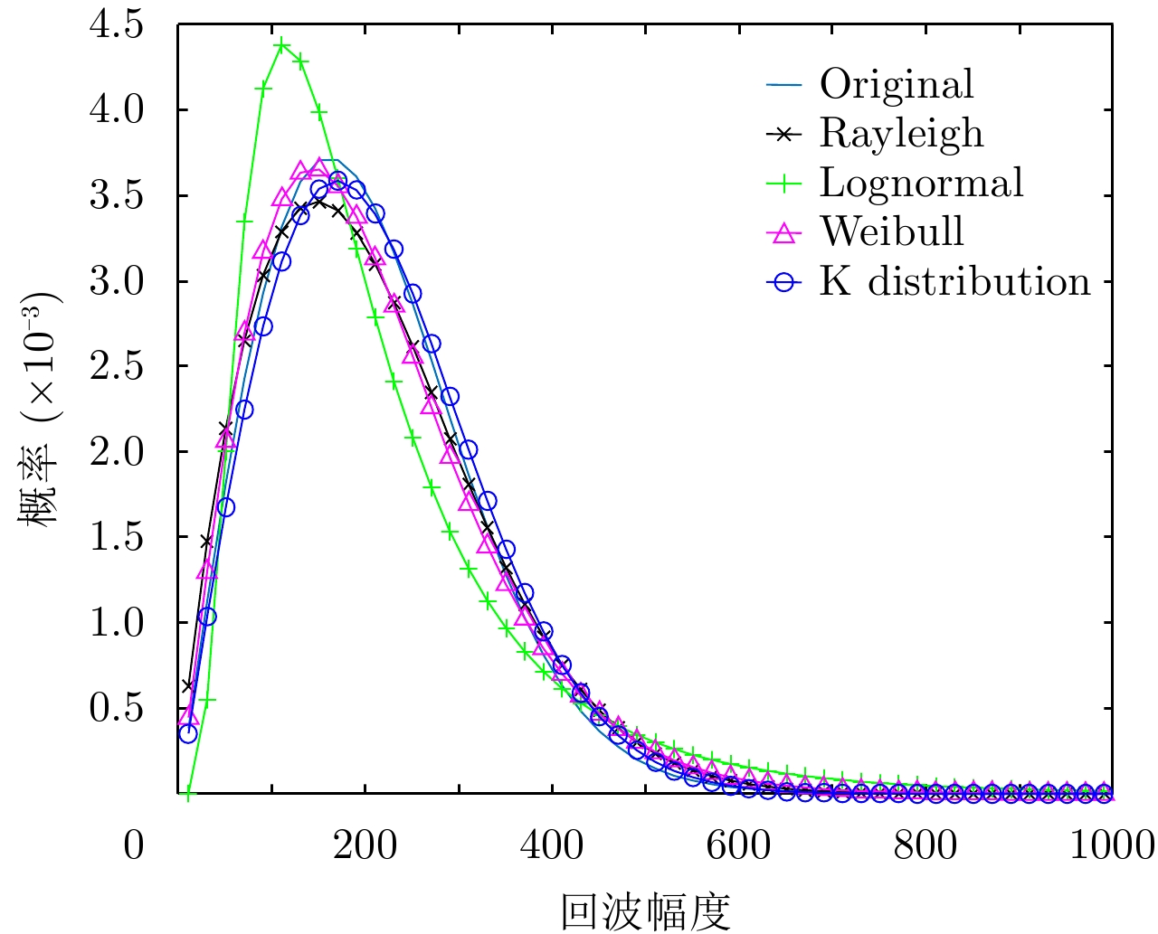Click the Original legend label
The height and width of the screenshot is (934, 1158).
[x=897, y=84]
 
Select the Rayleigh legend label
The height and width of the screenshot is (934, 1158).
[x=901, y=133]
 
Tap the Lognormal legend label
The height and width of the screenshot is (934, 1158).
[x=921, y=183]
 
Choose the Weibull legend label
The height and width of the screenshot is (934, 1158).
[x=892, y=231]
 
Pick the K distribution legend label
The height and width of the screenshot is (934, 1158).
[x=954, y=281]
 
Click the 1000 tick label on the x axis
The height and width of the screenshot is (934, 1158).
[x=1111, y=845]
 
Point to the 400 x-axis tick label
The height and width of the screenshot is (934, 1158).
[x=552, y=845]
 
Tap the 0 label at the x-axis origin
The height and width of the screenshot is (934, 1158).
[x=134, y=845]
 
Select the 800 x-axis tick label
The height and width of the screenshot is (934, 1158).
[x=925, y=845]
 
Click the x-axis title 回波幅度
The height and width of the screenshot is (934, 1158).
[x=645, y=911]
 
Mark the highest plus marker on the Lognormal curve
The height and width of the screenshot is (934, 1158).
[x=282, y=44]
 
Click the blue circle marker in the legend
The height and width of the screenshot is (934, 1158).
[x=784, y=282]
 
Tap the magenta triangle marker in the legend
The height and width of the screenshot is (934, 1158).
[x=784, y=232]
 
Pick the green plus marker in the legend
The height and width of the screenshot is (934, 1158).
[x=784, y=184]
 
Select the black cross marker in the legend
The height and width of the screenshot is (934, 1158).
[x=784, y=134]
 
